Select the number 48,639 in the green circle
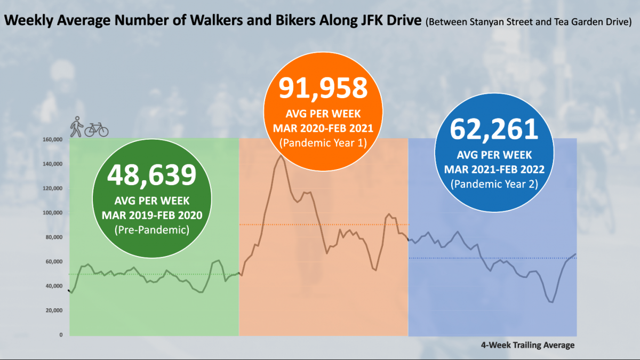152,175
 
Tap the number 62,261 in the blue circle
494,129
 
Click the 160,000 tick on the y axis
52,140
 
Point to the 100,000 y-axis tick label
52,213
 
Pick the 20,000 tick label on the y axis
53,310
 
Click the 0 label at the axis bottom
61,335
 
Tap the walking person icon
77,126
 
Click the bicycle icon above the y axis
97,129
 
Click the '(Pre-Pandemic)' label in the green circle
152,229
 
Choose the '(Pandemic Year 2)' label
494,183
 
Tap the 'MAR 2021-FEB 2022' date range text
494,169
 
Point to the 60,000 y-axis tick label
53,261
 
